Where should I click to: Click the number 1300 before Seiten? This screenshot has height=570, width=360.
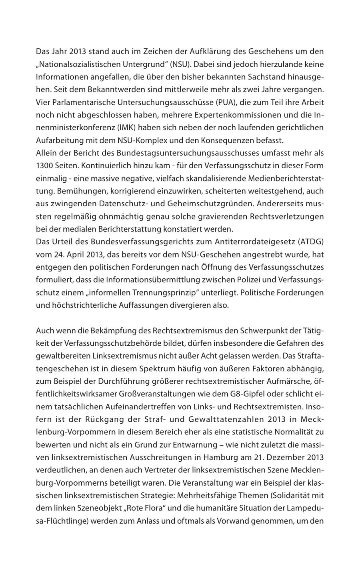click(x=44, y=166)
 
